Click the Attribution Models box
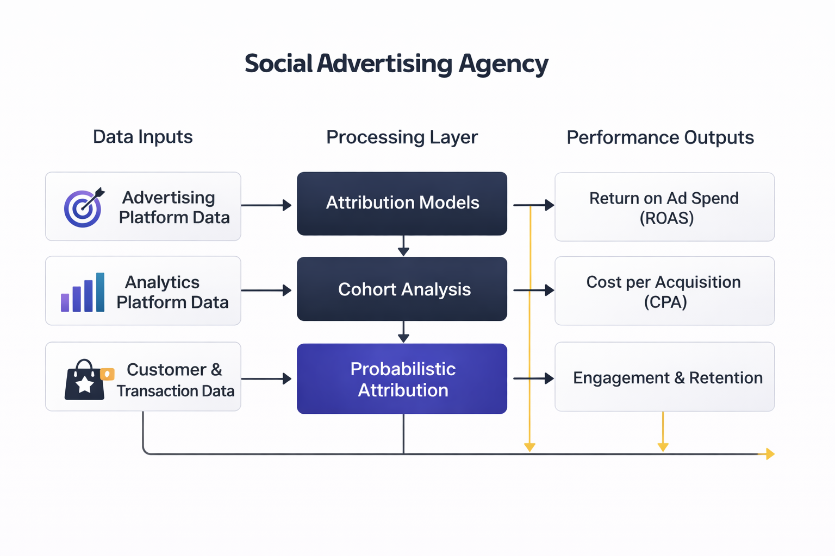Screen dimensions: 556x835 pos(402,204)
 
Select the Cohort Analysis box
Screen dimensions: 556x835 pos(402,289)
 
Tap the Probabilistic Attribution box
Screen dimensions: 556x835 pos(402,379)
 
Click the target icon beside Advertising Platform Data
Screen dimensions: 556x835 pos(83,207)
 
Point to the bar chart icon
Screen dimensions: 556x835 pos(83,293)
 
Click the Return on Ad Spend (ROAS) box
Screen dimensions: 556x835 pos(664,207)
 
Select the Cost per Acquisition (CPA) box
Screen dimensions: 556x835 pos(664,291)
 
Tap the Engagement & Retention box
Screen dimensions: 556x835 pos(664,377)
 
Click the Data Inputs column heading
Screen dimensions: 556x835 pos(143,137)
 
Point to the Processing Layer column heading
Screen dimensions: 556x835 pos(402,137)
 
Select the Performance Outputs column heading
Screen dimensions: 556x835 pos(660,138)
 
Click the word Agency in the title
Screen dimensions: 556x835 pos(503,64)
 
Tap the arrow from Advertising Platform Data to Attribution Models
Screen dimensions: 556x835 pos(266,205)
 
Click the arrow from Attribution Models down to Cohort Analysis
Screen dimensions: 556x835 pos(403,246)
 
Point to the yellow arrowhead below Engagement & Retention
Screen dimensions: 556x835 pos(663,446)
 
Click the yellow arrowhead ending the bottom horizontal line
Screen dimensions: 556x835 pos(769,454)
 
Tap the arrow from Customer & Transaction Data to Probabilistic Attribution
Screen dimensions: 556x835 pos(266,379)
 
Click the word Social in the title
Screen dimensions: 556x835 pos(278,64)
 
